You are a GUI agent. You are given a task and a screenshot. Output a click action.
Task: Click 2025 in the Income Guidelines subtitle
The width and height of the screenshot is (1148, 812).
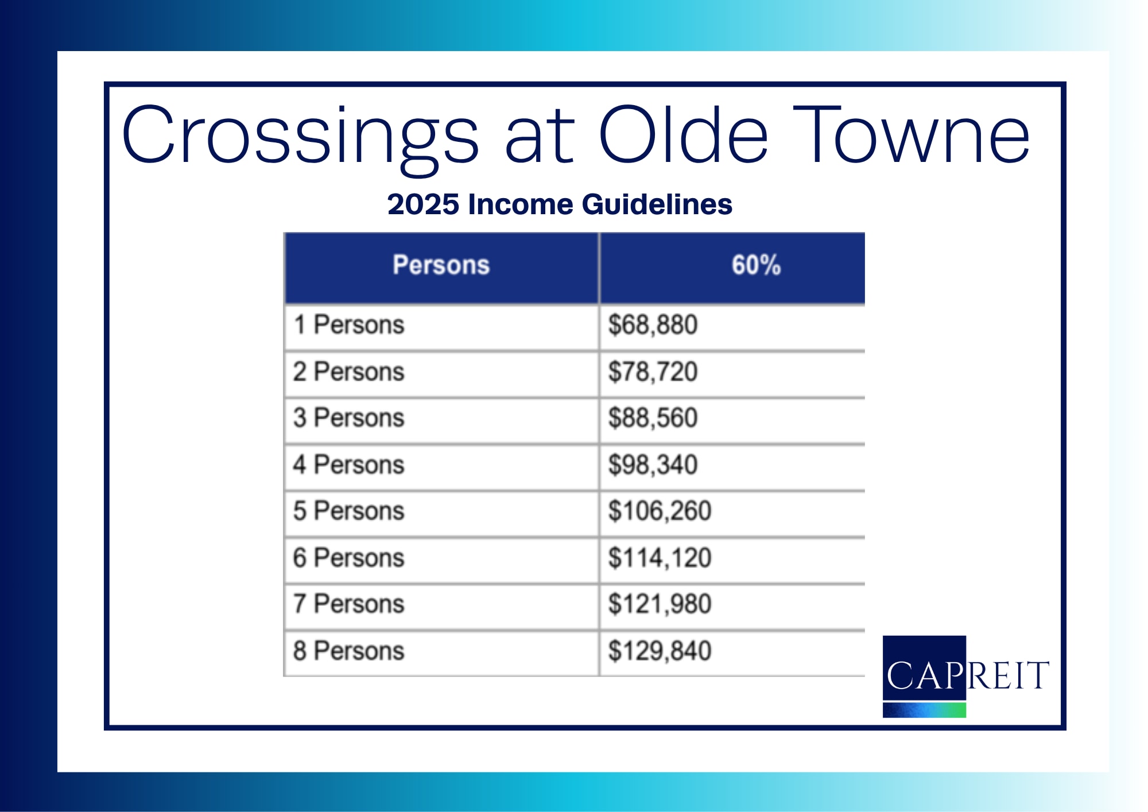423,204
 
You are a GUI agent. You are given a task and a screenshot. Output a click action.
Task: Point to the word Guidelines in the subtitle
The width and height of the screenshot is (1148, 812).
657,204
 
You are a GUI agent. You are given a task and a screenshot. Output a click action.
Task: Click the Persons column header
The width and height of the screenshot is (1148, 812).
441,265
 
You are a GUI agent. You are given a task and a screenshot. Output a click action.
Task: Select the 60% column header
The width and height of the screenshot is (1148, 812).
756,265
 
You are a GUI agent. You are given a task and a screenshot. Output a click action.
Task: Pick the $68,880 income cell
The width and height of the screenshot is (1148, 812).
653,325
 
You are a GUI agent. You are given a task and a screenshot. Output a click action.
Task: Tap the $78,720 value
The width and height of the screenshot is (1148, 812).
653,372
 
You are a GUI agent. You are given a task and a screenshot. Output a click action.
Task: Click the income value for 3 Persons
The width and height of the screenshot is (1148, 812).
653,418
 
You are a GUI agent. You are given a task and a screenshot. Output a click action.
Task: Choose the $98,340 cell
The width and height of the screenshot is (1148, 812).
653,465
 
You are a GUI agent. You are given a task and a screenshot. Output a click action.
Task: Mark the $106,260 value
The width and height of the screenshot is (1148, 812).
660,511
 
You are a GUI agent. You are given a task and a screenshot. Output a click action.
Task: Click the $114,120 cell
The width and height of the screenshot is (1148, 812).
660,558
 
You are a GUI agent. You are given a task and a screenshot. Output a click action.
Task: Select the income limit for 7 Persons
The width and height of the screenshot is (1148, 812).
660,604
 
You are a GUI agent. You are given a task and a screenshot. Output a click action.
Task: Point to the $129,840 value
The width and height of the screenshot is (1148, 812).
660,651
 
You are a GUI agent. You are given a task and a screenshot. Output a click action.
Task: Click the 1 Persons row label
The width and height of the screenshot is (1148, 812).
349,325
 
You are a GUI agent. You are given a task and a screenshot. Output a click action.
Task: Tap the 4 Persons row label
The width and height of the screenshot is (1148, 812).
349,465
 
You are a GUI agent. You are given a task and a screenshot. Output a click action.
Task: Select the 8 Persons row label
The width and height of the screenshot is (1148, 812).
349,651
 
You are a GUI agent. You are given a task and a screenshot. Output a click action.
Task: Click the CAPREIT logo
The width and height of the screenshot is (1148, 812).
966,676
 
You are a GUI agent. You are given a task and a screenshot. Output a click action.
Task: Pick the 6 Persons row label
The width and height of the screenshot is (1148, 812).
349,558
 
